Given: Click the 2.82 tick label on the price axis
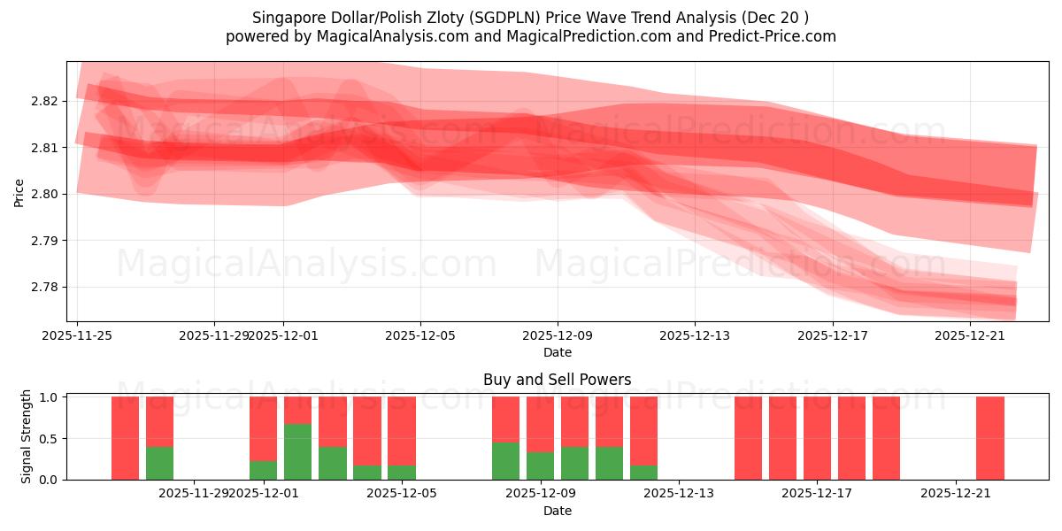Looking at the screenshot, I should (x=46, y=101).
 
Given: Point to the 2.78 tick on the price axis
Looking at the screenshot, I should (x=46, y=287).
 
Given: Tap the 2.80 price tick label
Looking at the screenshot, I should (x=46, y=194).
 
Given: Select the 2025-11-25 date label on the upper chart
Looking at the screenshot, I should (x=78, y=335).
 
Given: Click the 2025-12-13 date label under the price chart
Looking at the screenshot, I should (x=695, y=335).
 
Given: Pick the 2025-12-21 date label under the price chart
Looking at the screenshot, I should (x=969, y=335).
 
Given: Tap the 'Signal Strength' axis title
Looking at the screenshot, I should (x=27, y=437).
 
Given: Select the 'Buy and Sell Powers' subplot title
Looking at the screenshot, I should (x=558, y=380).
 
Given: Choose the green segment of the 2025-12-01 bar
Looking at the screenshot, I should (x=263, y=470).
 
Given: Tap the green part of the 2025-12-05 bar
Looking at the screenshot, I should (x=401, y=473).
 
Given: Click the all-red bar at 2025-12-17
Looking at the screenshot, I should (x=817, y=438).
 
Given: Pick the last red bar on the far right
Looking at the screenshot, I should (x=989, y=438).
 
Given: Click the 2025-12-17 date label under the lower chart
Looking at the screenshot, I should (x=817, y=494).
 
